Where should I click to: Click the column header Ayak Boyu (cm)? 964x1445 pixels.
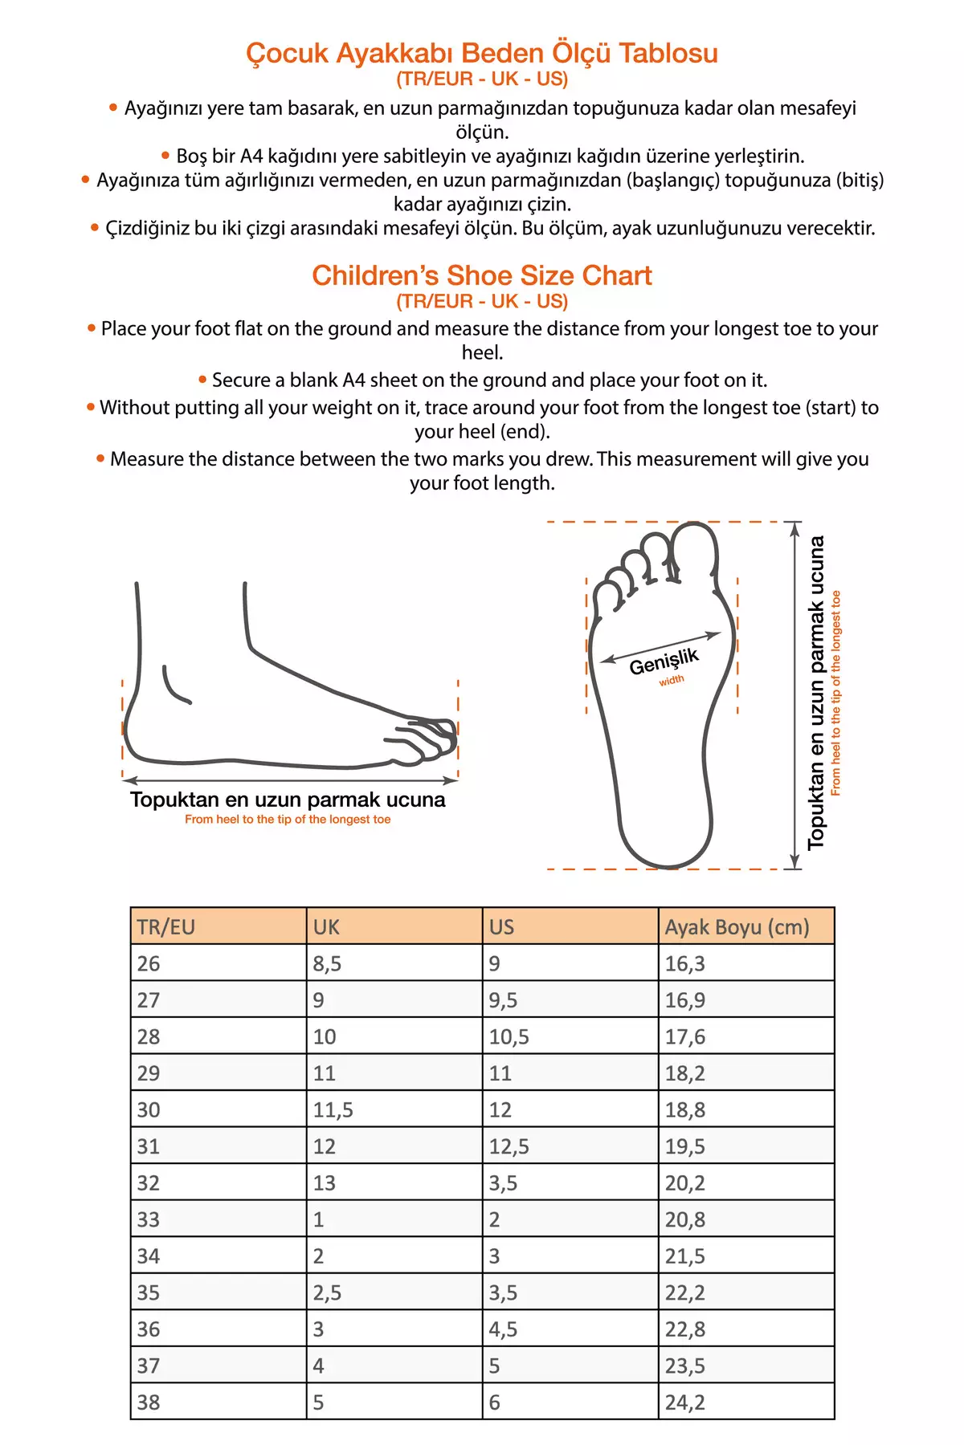737,927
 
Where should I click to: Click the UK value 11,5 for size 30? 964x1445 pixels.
333,1109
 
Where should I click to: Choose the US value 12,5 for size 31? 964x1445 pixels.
509,1146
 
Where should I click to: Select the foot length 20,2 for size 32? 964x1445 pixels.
684,1182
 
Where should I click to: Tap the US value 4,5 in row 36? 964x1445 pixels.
503,1329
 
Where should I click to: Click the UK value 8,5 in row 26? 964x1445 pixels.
327,963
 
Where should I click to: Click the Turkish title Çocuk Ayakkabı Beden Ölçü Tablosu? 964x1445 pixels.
482,53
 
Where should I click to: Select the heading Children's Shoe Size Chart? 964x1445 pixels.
482,275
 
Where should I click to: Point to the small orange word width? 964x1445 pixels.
672,681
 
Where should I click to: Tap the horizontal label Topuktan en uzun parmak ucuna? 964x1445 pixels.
288,800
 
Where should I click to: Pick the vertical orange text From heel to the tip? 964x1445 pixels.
835,694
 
